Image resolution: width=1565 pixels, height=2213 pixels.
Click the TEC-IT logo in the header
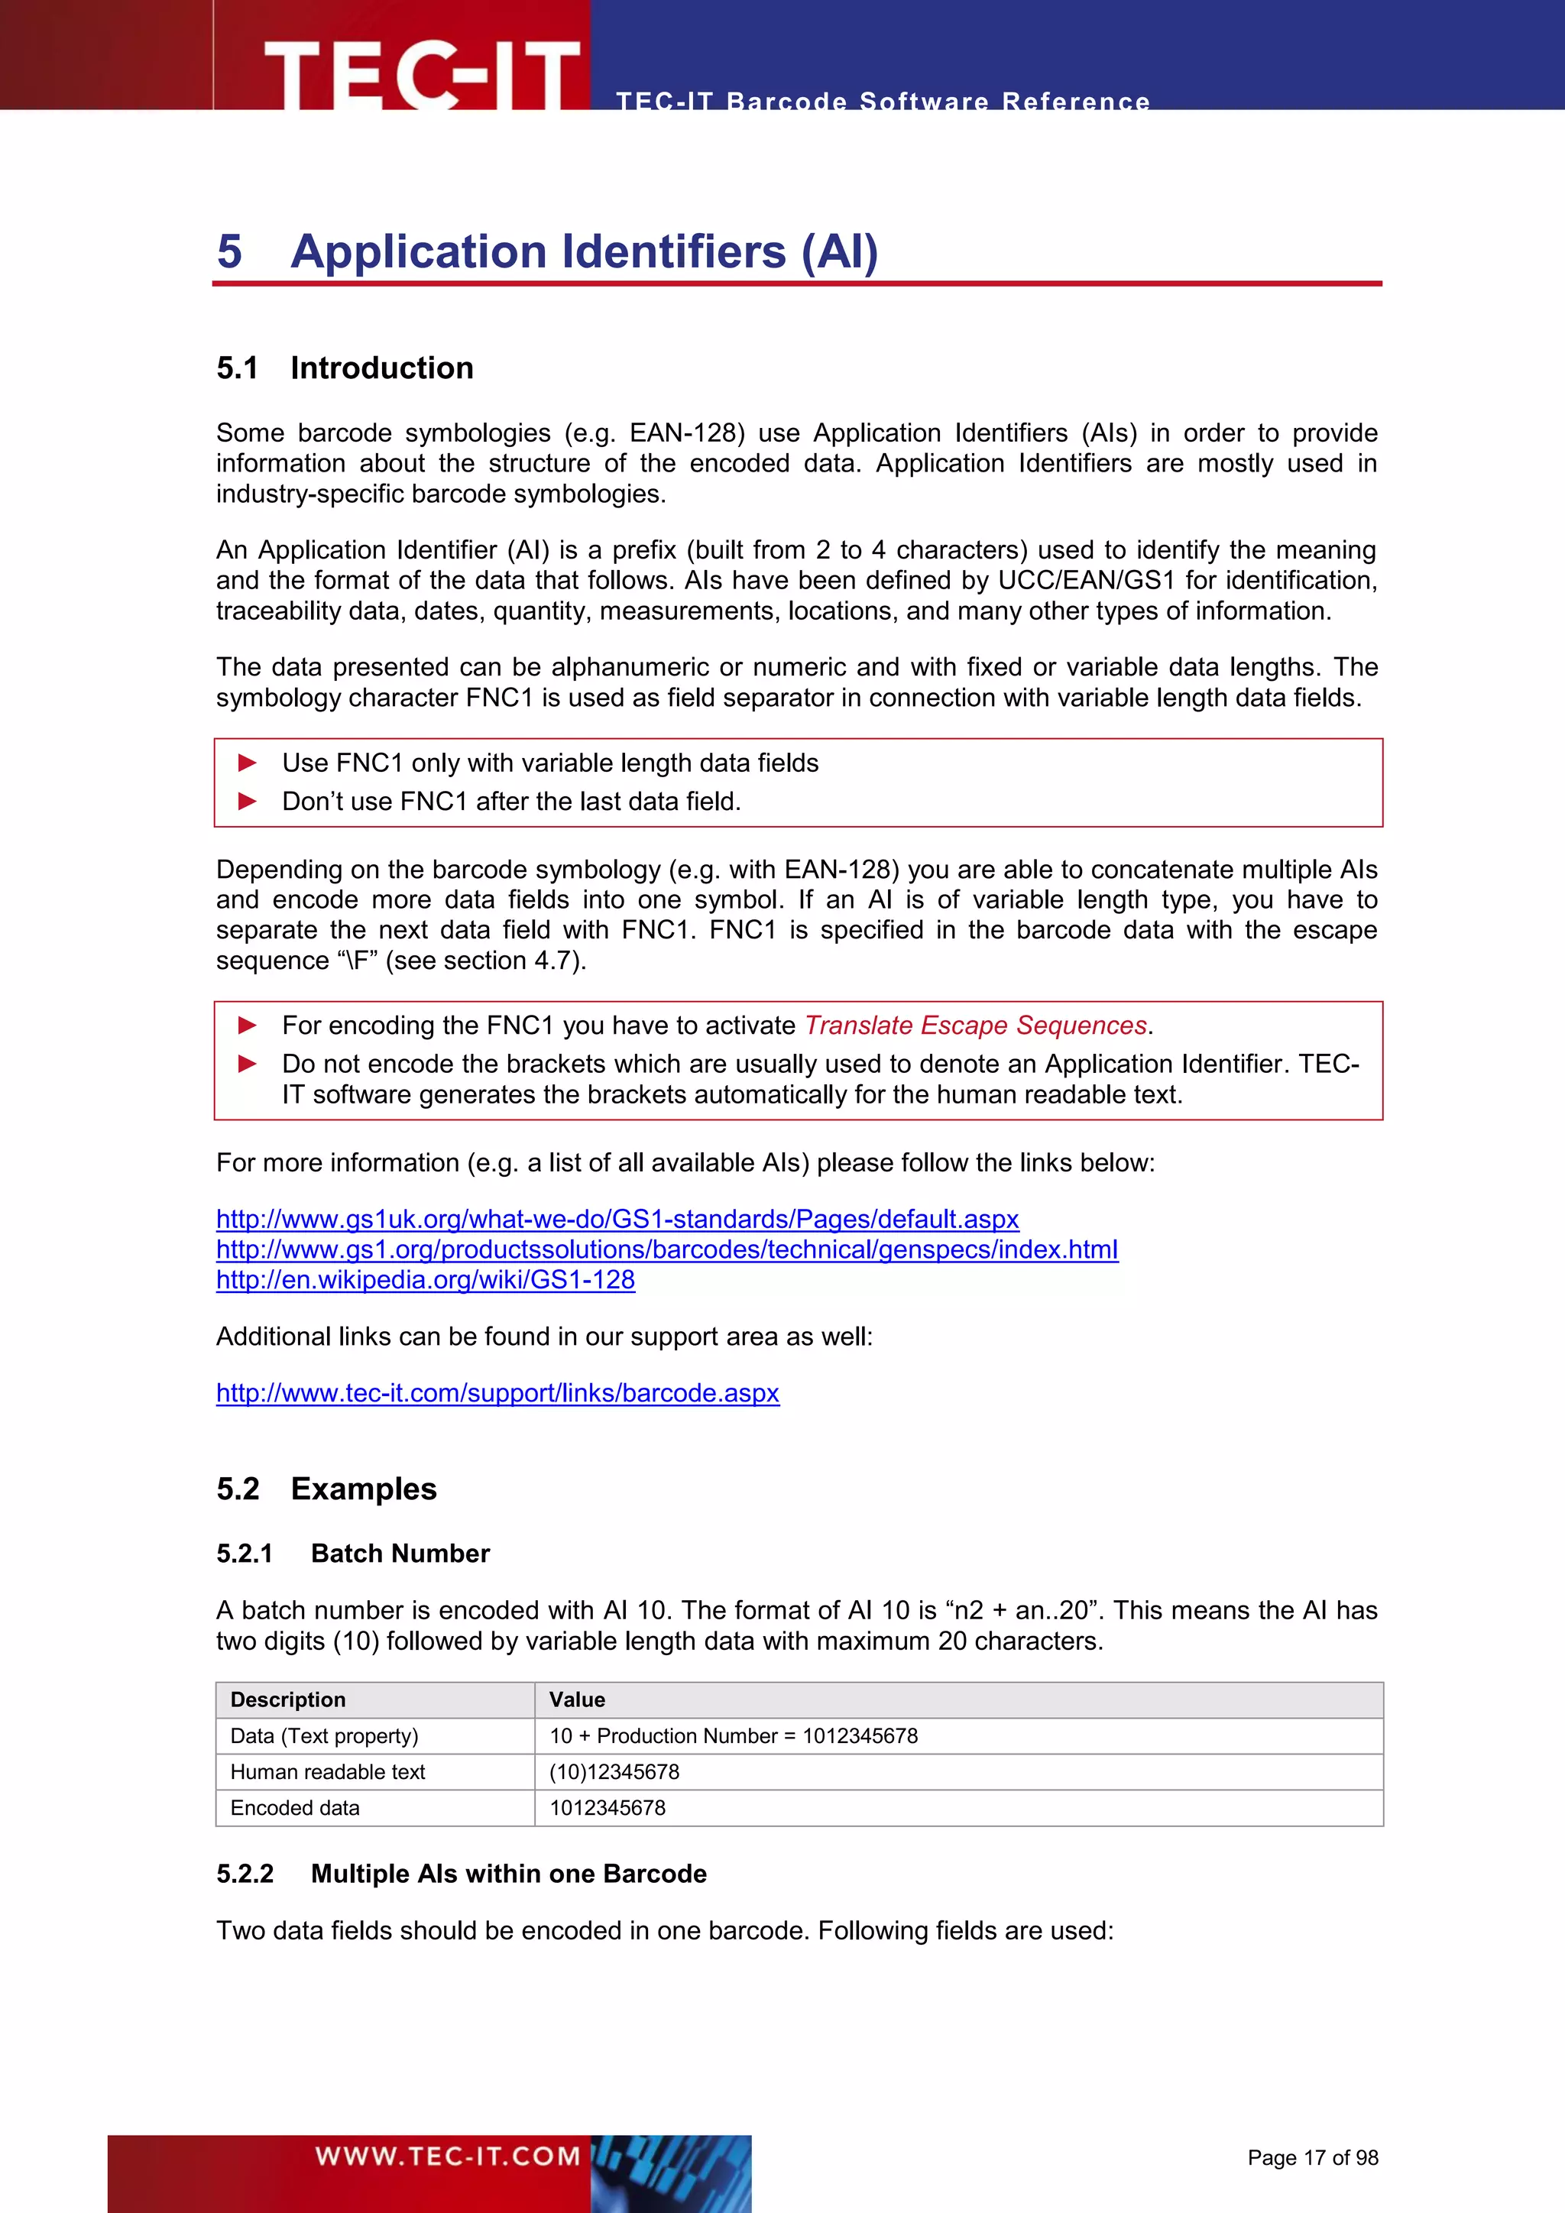[421, 74]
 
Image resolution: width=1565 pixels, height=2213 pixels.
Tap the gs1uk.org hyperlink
[617, 1220]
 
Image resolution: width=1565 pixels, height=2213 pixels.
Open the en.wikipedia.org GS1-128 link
[425, 1280]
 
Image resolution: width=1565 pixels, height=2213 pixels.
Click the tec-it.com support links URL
[497, 1393]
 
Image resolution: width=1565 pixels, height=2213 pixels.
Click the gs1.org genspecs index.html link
[667, 1250]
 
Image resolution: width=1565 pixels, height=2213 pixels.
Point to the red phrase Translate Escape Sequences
[975, 1025]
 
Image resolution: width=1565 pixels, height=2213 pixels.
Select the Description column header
[287, 1700]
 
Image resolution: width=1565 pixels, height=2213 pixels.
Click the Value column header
[577, 1700]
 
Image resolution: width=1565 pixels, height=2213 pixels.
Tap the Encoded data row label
[295, 1808]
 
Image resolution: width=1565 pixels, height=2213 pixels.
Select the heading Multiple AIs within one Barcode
[508, 1874]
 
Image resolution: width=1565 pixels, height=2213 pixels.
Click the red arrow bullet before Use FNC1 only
[248, 763]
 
